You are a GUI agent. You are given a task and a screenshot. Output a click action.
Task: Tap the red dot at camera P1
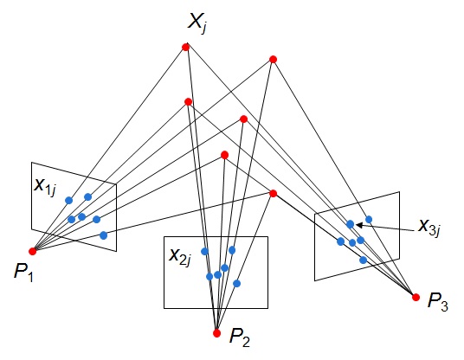[x=33, y=252]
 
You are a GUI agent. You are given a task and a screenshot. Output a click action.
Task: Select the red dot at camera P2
[x=217, y=333]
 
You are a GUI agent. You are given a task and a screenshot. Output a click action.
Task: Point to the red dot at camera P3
[x=416, y=298]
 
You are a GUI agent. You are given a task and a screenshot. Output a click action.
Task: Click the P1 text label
[x=23, y=272]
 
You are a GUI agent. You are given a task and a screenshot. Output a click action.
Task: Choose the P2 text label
[x=240, y=337]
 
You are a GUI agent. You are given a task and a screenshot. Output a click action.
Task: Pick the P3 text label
[x=438, y=302]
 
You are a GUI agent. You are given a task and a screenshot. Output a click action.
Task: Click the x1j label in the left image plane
[x=45, y=187]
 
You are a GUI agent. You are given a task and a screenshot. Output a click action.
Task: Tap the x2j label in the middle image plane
[x=180, y=257]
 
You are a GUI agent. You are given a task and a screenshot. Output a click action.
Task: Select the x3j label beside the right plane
[x=429, y=228]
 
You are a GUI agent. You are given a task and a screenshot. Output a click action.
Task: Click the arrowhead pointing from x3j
[x=359, y=225]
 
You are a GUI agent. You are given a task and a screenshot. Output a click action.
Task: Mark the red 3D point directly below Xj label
[x=185, y=47]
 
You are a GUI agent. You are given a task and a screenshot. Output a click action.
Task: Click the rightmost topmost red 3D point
[x=273, y=60]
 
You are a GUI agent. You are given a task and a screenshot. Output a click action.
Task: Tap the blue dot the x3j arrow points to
[x=350, y=224]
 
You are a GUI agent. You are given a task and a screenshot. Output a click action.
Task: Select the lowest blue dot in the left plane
[x=103, y=235]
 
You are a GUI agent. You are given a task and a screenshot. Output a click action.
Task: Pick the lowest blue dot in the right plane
[x=363, y=260]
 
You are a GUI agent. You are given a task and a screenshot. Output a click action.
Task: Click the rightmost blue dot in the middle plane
[x=236, y=284]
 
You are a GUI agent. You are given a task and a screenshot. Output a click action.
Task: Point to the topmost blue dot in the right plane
[x=369, y=220]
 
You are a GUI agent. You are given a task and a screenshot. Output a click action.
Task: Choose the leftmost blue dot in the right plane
[x=340, y=241]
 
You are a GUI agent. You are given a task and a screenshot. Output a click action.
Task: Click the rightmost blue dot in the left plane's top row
[x=88, y=196]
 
